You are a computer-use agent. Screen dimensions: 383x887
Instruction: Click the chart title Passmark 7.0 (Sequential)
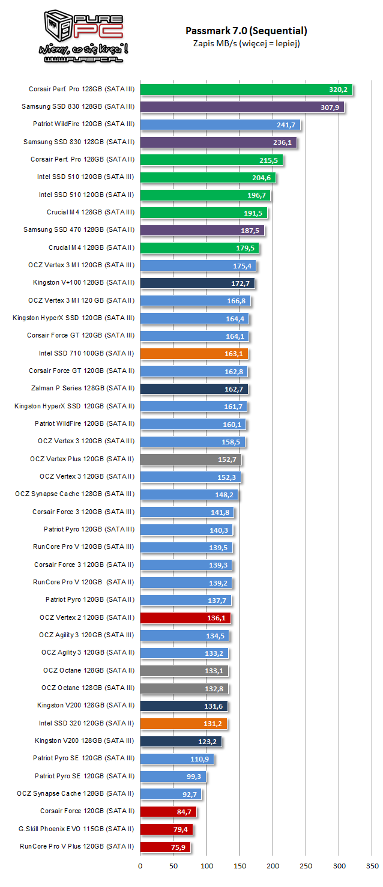(x=246, y=31)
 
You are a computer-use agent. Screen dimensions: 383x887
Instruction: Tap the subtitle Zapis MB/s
(x=215, y=44)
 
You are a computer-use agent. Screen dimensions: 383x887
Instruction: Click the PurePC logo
(x=83, y=37)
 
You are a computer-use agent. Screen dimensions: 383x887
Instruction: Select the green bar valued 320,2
(x=246, y=89)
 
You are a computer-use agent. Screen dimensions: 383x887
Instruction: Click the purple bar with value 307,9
(x=242, y=107)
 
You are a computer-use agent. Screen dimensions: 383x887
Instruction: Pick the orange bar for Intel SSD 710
(x=194, y=354)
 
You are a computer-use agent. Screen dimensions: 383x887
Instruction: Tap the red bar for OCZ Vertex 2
(x=185, y=618)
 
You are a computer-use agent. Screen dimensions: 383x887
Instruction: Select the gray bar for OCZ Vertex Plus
(x=191, y=459)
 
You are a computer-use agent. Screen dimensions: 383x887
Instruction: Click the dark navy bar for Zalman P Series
(x=194, y=389)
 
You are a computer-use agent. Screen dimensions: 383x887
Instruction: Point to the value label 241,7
(x=286, y=125)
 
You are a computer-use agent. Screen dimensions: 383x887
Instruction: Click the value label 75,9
(x=178, y=847)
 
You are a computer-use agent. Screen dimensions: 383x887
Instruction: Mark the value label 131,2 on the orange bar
(x=213, y=724)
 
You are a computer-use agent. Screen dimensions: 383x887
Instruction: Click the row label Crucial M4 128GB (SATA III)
(x=91, y=212)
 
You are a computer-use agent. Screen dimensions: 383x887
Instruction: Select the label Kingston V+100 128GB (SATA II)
(x=84, y=283)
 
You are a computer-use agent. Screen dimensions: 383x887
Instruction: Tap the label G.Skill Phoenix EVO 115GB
(x=61, y=829)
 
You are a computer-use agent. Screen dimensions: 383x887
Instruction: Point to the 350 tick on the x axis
(x=372, y=866)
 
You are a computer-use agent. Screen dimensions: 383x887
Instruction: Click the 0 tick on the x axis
(x=140, y=866)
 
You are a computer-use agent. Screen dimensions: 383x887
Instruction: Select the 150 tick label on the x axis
(x=240, y=866)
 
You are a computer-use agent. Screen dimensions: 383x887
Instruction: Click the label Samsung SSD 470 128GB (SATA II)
(x=79, y=229)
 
